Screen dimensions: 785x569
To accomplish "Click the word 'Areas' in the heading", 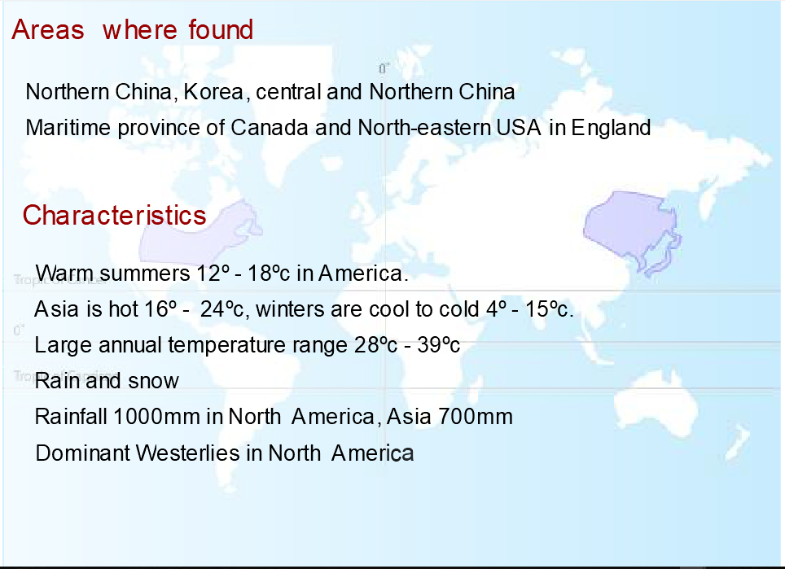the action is (47, 29).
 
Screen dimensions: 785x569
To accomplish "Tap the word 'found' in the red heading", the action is (221, 29).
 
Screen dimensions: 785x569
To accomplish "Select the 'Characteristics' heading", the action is (114, 216).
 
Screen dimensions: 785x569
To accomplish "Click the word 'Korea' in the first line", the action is (213, 92).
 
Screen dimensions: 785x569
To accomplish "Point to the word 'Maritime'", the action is (68, 128).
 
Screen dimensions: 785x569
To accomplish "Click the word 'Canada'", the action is (269, 128).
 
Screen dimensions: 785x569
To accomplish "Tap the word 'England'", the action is (611, 129).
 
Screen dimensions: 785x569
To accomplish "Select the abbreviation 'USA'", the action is (519, 128).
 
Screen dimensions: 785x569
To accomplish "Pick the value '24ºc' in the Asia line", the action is (221, 309).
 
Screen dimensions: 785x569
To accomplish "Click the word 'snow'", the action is (153, 381).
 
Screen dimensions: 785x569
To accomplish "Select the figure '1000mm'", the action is (157, 417).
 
